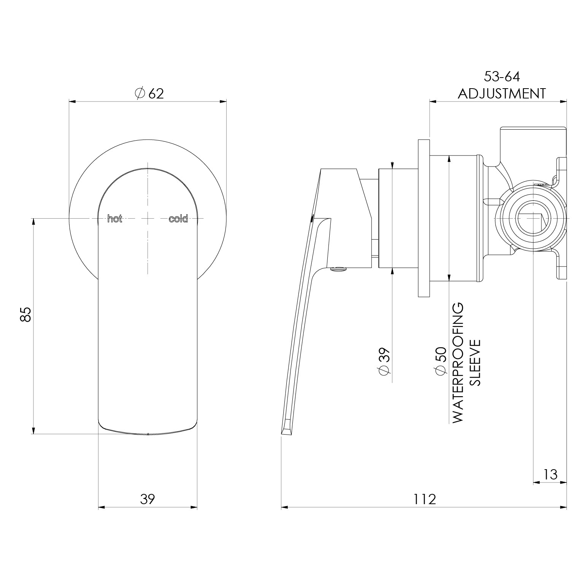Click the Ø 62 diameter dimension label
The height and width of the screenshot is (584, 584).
click(x=149, y=93)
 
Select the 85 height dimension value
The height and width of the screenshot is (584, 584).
click(x=25, y=314)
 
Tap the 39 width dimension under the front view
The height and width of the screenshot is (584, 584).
click(x=148, y=499)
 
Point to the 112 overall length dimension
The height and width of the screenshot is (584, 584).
click(x=425, y=499)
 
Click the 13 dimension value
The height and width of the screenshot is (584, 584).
click(x=550, y=474)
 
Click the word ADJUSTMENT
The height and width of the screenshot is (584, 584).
click(x=501, y=94)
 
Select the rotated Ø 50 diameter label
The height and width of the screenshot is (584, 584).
click(x=440, y=361)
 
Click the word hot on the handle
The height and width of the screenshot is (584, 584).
click(x=115, y=219)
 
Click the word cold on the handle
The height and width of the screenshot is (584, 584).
click(x=178, y=219)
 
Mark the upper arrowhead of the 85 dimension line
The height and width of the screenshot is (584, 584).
click(x=33, y=222)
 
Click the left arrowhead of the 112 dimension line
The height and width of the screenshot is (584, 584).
click(x=284, y=507)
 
